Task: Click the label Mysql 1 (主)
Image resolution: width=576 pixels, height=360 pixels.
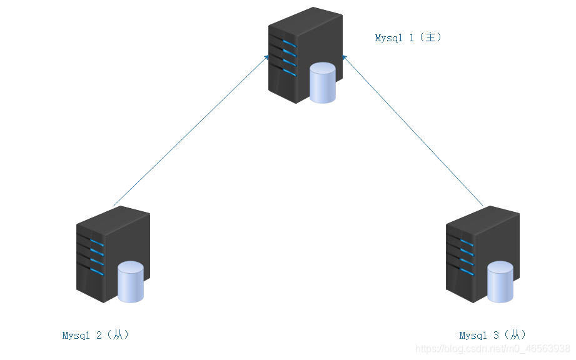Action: tap(408, 37)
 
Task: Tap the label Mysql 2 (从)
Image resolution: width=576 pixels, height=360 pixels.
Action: tap(96, 335)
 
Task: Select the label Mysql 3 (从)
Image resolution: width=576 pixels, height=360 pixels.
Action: tap(493, 335)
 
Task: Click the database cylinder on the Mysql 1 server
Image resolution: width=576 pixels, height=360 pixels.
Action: tap(323, 82)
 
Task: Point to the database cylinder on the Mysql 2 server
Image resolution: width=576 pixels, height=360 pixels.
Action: tap(131, 282)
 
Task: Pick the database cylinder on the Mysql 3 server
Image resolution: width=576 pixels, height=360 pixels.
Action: tap(500, 282)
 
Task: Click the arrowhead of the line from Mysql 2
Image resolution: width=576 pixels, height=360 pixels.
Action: tap(266, 57)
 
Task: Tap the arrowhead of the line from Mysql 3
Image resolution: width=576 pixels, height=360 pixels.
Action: tap(344, 57)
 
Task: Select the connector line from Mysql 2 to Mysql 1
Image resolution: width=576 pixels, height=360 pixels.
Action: tap(191, 131)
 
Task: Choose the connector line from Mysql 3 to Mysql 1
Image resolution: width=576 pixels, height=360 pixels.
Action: tap(413, 131)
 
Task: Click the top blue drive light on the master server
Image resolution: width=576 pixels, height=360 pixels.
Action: tap(290, 44)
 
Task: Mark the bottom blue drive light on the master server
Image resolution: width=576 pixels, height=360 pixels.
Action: tap(290, 72)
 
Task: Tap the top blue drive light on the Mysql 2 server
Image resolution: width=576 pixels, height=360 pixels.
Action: tap(98, 243)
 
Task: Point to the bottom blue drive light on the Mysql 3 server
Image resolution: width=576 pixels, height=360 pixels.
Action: tap(467, 272)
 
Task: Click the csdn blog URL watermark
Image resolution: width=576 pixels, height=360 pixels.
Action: tap(493, 348)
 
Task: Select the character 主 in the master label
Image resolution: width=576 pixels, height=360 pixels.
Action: tap(430, 37)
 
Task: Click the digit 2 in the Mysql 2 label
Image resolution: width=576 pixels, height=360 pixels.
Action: tap(99, 335)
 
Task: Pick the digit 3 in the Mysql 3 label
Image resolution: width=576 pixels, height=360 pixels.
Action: tap(497, 335)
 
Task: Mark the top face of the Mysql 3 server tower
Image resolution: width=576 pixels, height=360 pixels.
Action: tap(483, 220)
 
